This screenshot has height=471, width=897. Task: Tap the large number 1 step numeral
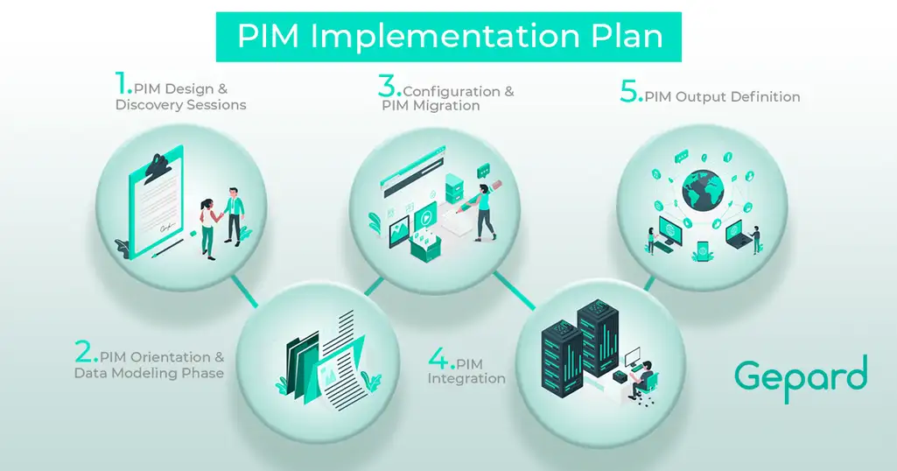point(123,85)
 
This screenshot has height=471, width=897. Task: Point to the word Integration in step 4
point(466,379)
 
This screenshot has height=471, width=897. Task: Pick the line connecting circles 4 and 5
point(648,283)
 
